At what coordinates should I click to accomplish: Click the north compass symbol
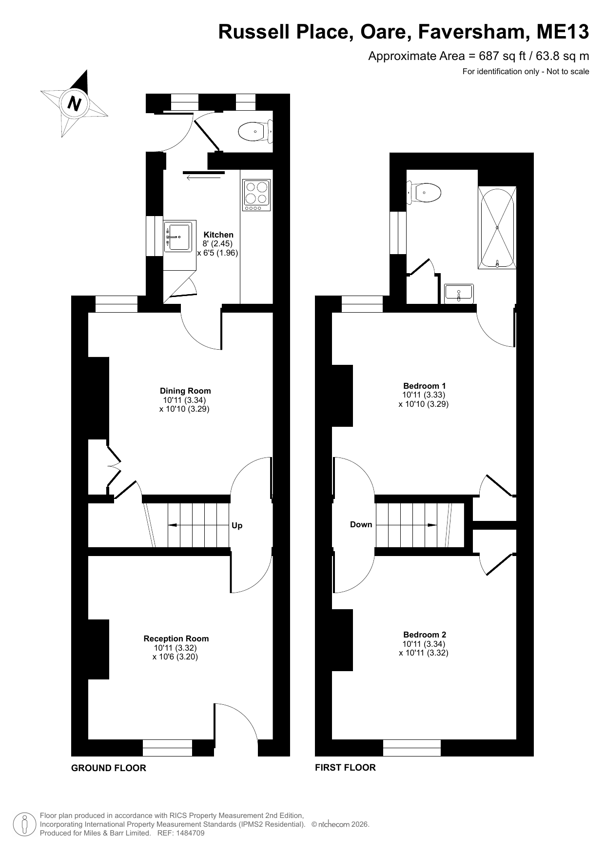(x=75, y=103)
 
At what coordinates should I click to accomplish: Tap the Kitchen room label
(x=218, y=235)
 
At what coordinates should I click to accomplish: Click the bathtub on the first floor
(x=497, y=227)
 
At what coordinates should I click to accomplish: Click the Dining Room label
(x=185, y=391)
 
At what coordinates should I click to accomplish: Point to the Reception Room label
(x=176, y=638)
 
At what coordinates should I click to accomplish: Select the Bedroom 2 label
(x=425, y=635)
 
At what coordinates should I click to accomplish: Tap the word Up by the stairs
(x=237, y=526)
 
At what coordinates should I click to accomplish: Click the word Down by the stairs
(x=361, y=525)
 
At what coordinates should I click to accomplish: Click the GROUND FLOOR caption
(x=109, y=768)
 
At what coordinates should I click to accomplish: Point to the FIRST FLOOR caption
(x=345, y=767)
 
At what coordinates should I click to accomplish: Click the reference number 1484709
(x=188, y=833)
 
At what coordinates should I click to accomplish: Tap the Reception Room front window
(x=168, y=748)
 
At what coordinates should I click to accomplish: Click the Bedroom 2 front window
(x=412, y=748)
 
